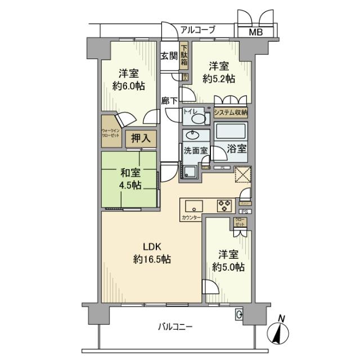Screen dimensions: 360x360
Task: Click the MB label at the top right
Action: tap(256, 31)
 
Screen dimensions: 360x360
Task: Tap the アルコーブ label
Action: tap(197, 30)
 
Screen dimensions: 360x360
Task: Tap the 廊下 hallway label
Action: tap(169, 101)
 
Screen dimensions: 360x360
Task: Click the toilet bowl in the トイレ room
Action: tap(206, 116)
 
